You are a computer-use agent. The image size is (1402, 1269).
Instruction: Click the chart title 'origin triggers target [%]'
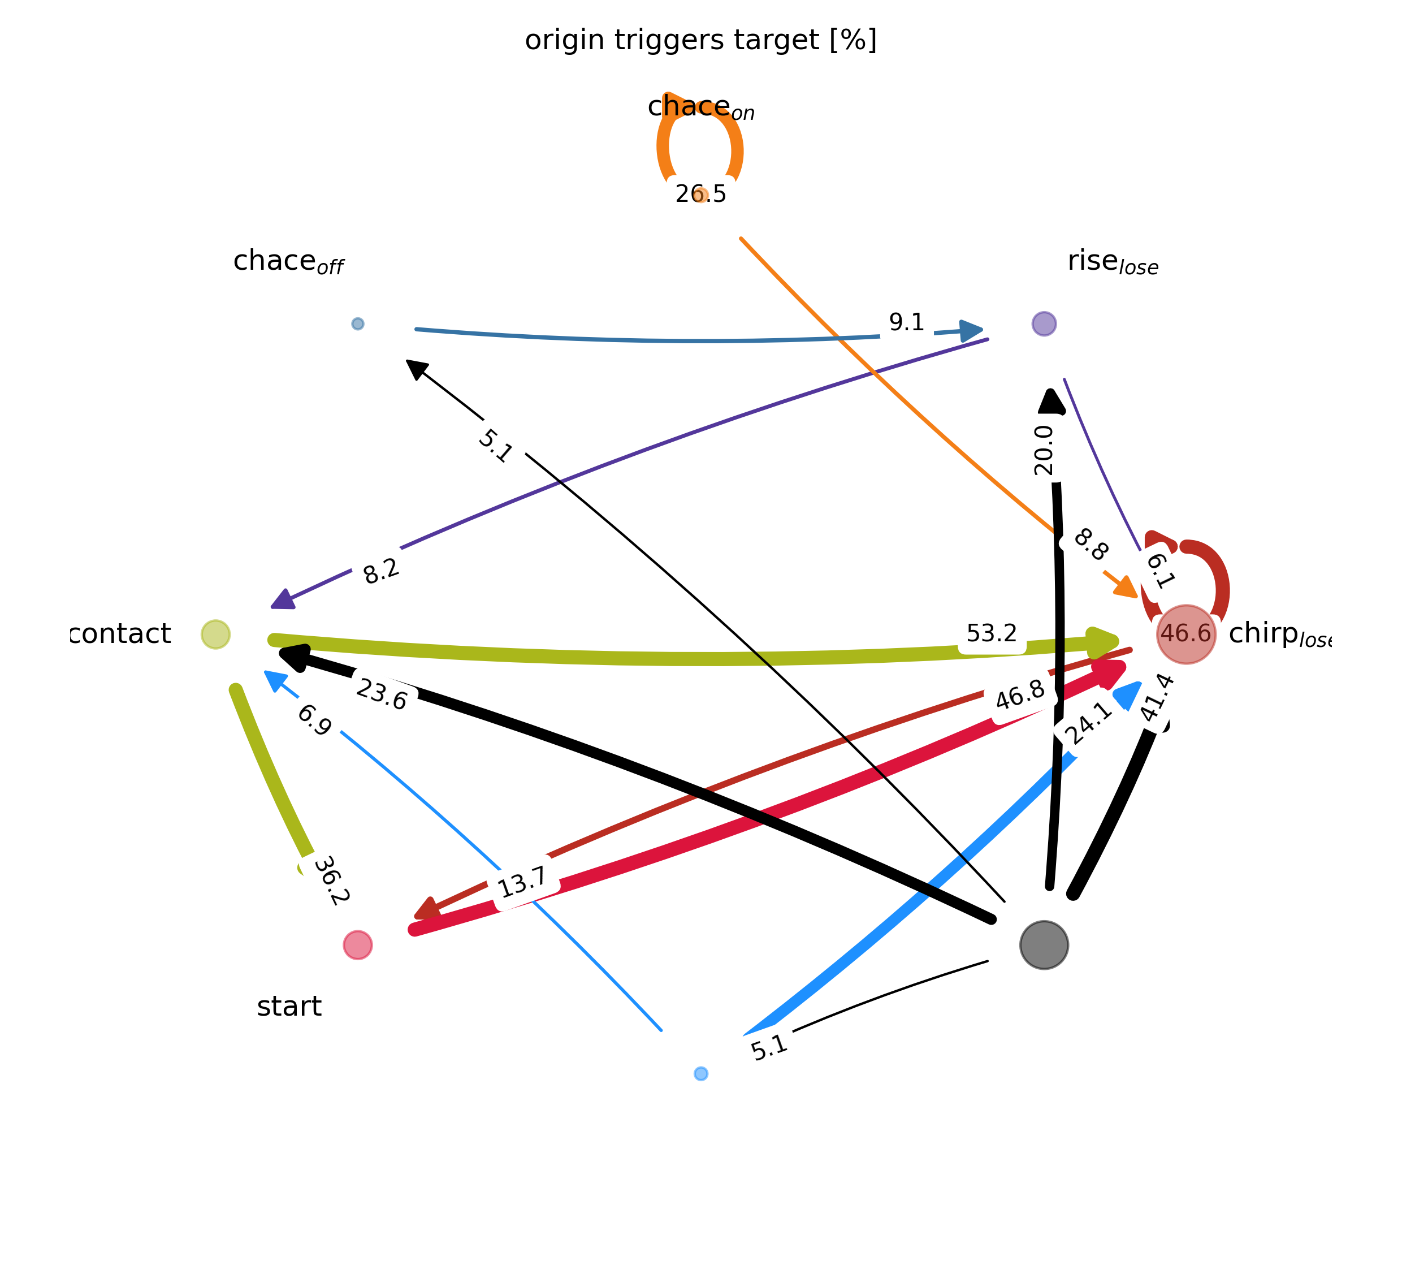pos(700,40)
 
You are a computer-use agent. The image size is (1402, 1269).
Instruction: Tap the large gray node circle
pos(1044,945)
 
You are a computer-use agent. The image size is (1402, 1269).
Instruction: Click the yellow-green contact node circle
pos(215,634)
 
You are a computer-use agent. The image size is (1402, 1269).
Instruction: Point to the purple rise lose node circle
pos(1044,323)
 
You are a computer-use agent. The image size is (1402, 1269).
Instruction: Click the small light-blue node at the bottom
pos(701,1073)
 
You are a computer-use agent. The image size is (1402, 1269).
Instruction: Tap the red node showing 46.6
pos(1185,634)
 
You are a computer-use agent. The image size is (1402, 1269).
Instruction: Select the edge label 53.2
pos(992,634)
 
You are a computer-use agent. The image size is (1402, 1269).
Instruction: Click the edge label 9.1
pos(907,323)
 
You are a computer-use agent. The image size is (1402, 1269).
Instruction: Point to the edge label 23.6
pos(382,694)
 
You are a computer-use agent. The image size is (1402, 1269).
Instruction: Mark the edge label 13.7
pos(523,883)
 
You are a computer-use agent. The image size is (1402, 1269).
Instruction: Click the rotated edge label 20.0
pos(1044,451)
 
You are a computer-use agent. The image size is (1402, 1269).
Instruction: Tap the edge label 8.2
pos(381,571)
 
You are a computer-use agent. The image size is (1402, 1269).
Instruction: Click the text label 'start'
pos(289,1007)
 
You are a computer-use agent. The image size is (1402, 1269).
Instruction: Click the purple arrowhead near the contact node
pos(283,599)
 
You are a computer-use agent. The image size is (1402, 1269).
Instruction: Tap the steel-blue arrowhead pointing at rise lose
pos(971,330)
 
